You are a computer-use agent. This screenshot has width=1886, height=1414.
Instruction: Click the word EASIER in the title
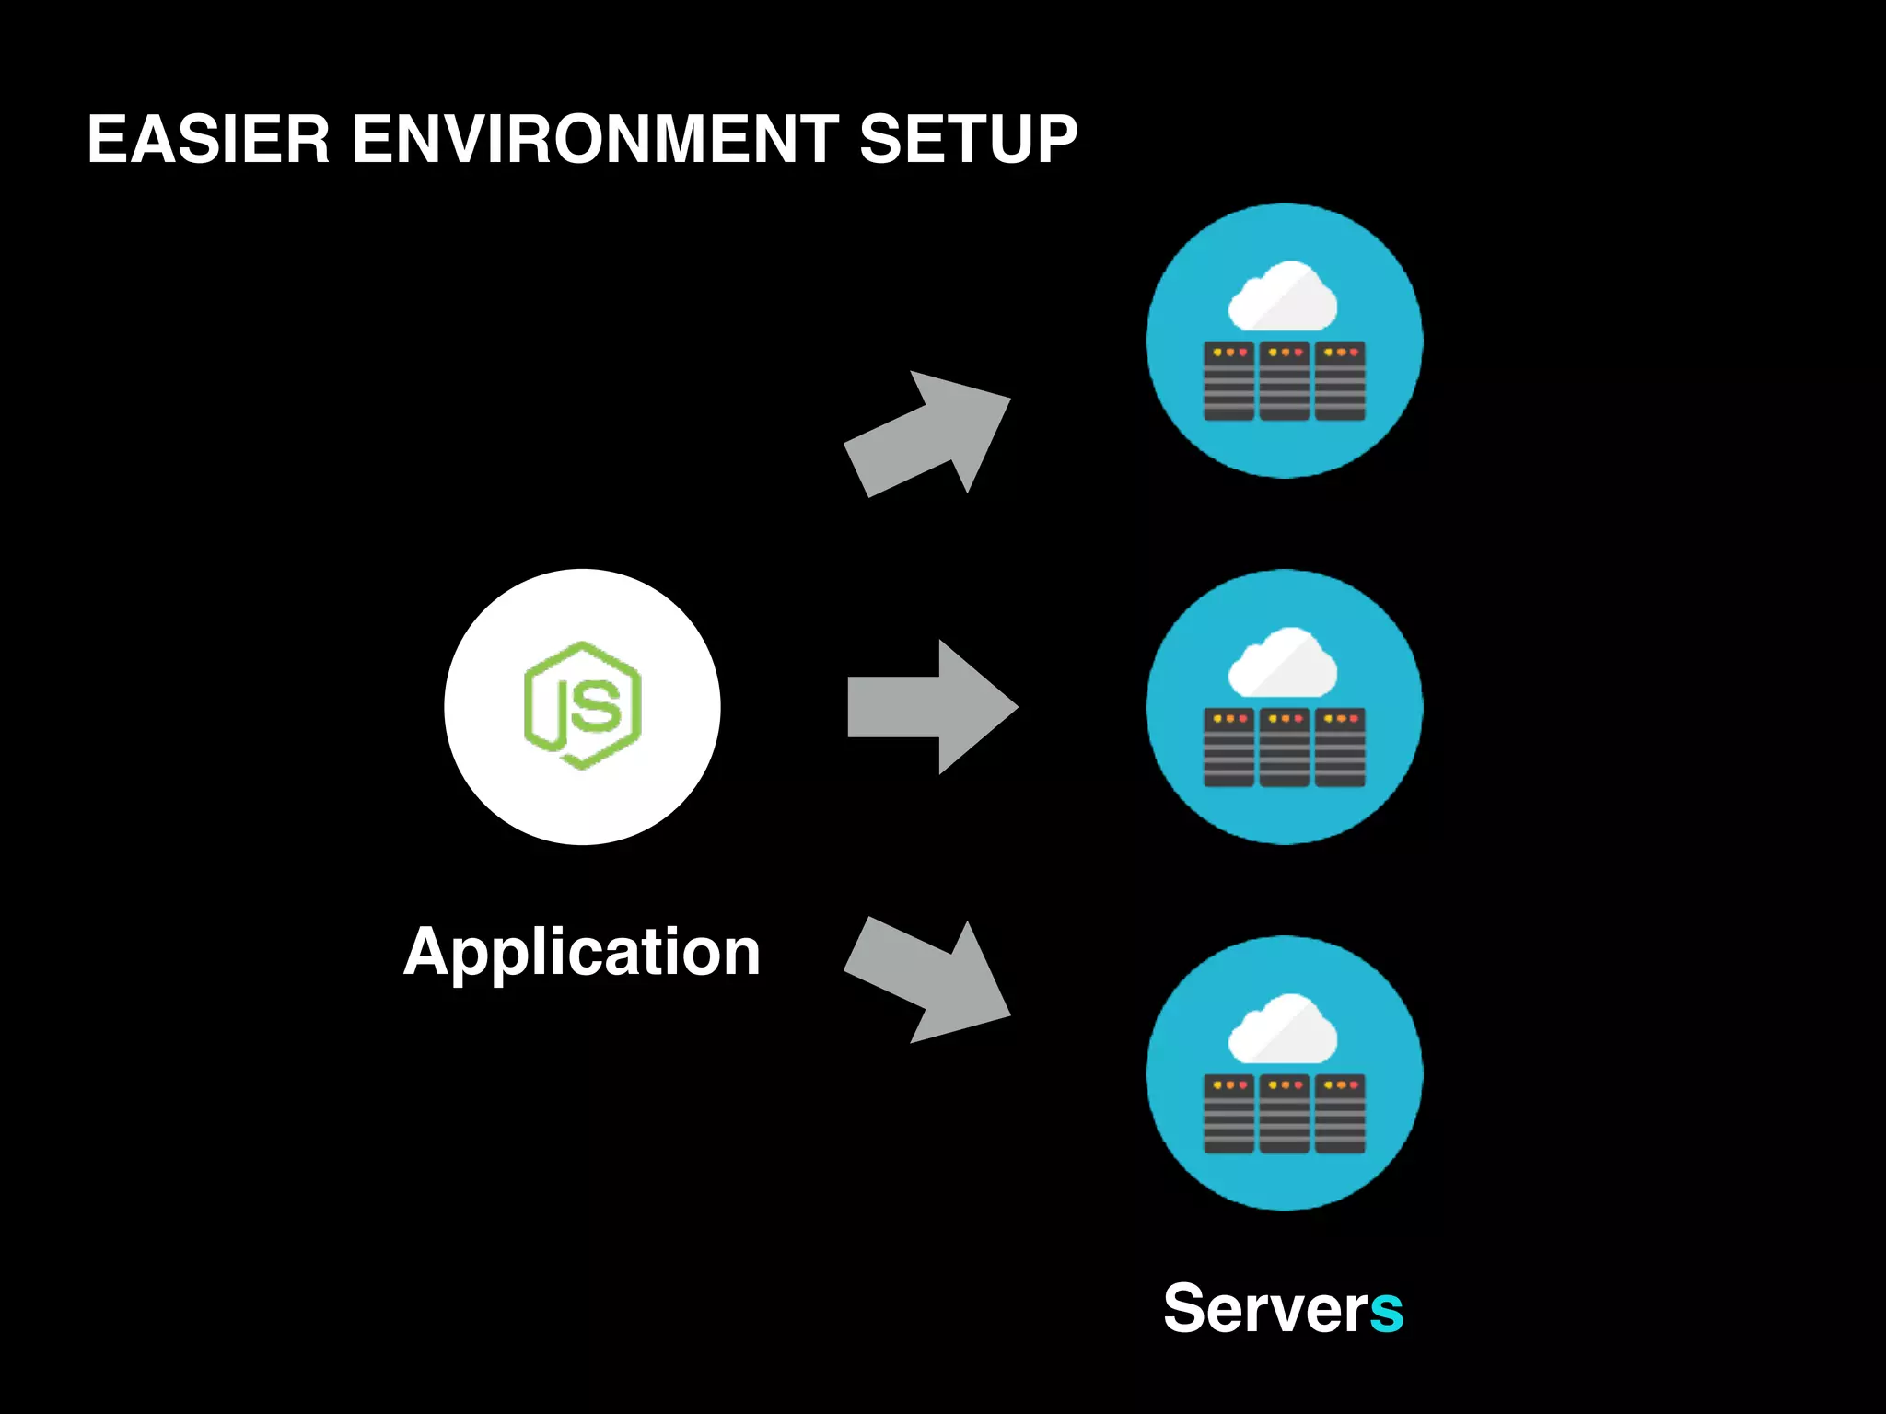(208, 140)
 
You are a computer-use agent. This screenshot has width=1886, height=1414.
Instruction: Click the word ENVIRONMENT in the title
(595, 140)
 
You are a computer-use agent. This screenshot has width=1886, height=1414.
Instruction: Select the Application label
(582, 952)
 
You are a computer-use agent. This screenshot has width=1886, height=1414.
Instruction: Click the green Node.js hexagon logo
(583, 706)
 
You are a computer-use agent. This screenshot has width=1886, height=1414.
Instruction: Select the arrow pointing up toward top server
(930, 435)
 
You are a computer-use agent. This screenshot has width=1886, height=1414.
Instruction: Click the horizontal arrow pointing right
(930, 707)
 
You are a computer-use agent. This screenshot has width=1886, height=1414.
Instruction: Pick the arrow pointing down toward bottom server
(930, 979)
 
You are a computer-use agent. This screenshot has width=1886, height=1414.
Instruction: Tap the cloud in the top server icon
(1284, 296)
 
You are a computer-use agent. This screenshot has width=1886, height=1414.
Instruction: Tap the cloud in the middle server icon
(1284, 663)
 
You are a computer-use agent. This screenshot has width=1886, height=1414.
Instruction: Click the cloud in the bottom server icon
(1284, 1029)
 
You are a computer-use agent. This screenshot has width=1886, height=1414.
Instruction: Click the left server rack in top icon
(1228, 381)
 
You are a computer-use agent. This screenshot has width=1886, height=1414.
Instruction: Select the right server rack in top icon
(1340, 381)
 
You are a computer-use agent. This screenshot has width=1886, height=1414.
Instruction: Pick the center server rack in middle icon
(1285, 748)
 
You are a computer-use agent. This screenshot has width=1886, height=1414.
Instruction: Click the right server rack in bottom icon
(1340, 1114)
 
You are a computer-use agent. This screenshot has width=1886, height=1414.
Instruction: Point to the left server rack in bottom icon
(1228, 1114)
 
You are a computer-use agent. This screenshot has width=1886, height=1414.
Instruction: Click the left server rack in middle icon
(1228, 748)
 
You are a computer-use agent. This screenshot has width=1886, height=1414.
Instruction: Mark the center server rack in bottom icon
(1285, 1114)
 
